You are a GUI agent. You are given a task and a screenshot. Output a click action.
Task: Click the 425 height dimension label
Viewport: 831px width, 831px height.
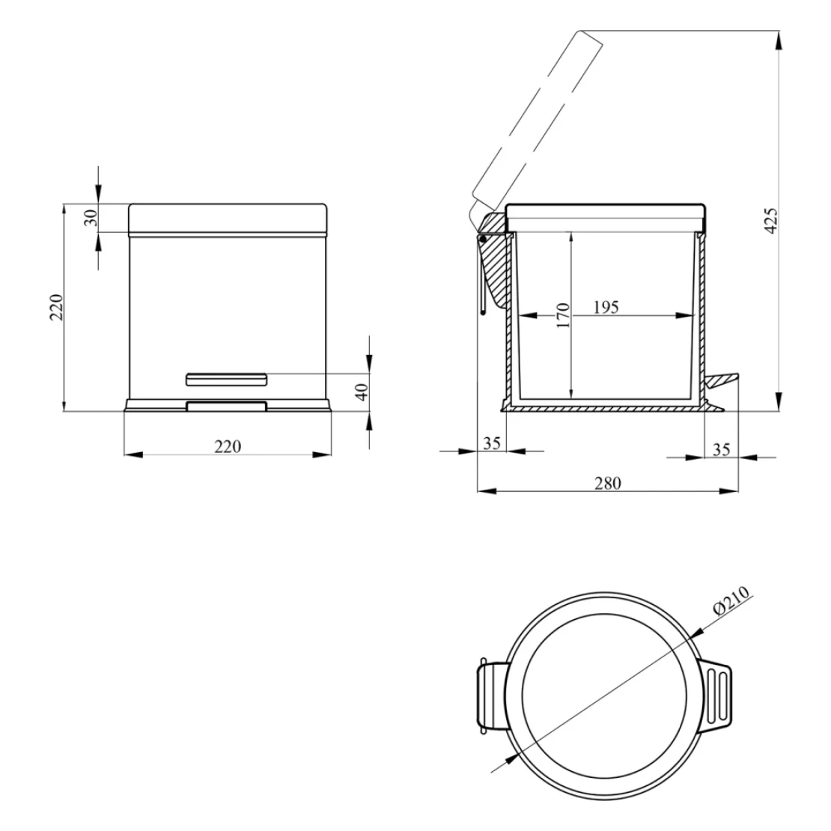pyautogui.click(x=771, y=220)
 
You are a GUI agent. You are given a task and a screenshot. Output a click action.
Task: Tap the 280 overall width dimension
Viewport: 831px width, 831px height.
pyautogui.click(x=607, y=483)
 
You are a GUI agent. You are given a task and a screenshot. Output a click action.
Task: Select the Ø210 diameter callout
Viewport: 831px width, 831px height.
pyautogui.click(x=731, y=600)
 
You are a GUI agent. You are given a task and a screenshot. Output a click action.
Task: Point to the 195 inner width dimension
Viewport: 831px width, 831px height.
pyautogui.click(x=606, y=308)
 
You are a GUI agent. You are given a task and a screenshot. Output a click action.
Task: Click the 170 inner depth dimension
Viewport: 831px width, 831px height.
pyautogui.click(x=563, y=314)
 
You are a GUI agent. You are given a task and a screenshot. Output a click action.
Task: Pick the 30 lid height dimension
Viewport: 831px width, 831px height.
pyautogui.click(x=91, y=218)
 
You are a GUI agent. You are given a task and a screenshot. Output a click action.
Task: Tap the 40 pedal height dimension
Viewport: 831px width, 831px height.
pyautogui.click(x=361, y=392)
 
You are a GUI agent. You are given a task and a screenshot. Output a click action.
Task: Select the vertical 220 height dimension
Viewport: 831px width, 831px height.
pyautogui.click(x=56, y=307)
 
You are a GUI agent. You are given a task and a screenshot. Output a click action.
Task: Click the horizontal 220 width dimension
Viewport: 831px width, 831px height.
pyautogui.click(x=228, y=447)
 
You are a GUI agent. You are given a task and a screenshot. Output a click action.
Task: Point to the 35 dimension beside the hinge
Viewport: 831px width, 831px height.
pyautogui.click(x=492, y=443)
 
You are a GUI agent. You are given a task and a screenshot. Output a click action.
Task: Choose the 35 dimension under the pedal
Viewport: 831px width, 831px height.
pyautogui.click(x=721, y=449)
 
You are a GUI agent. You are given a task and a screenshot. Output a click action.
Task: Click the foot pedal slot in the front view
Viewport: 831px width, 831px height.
pyautogui.click(x=226, y=380)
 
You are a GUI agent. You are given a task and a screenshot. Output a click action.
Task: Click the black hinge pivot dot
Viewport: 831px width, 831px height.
pyautogui.click(x=483, y=240)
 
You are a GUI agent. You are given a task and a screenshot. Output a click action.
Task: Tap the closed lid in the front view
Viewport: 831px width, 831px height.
pyautogui.click(x=228, y=218)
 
